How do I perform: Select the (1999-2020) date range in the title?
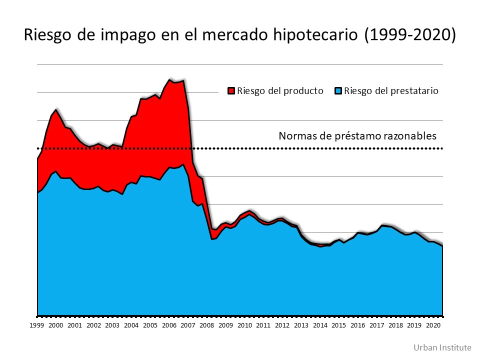click(x=410, y=35)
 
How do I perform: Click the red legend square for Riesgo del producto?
click(x=231, y=91)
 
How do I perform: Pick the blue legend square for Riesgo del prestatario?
click(x=338, y=91)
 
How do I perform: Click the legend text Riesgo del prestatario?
click(x=391, y=91)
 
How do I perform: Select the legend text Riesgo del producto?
click(x=280, y=91)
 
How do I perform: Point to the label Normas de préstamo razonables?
click(x=357, y=135)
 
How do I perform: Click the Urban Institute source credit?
click(x=442, y=347)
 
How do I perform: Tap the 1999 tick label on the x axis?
click(x=36, y=325)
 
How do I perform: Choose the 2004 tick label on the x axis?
click(x=131, y=325)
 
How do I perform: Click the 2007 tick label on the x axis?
click(x=187, y=325)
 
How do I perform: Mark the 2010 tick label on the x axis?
click(x=244, y=325)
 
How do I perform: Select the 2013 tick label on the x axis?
click(x=301, y=325)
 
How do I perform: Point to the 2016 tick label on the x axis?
click(x=357, y=325)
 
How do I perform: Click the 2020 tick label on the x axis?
click(x=433, y=325)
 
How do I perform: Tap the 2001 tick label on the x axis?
click(x=74, y=325)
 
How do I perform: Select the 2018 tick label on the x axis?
click(x=395, y=325)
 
